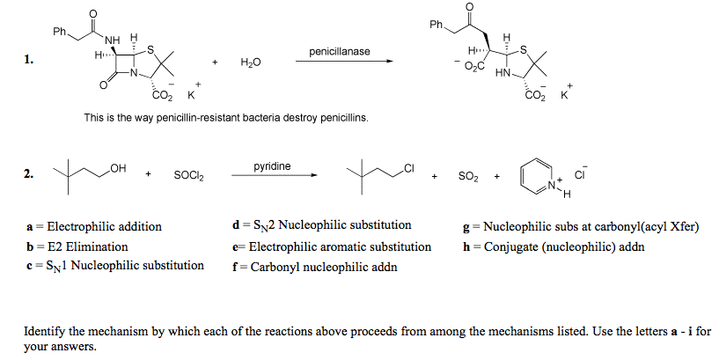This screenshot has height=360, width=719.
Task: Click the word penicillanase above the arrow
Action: (x=340, y=52)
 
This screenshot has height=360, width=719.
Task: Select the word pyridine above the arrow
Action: (x=272, y=165)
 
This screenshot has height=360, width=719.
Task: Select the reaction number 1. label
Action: (x=29, y=61)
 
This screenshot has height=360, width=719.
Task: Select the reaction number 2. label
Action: (x=29, y=174)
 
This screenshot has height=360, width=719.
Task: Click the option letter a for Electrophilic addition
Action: (x=29, y=227)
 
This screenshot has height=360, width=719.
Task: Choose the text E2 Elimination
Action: (x=87, y=246)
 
